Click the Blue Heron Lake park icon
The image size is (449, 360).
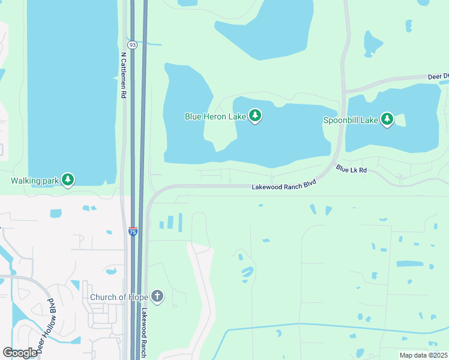pyautogui.click(x=255, y=116)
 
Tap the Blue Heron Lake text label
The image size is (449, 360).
pyautogui.click(x=215, y=116)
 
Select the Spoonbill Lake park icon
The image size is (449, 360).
pyautogui.click(x=387, y=119)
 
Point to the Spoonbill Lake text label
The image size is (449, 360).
pyautogui.click(x=351, y=120)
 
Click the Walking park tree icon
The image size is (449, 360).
pyautogui.click(x=68, y=179)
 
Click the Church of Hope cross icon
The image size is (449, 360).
pyautogui.click(x=157, y=296)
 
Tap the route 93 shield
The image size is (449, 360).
pyautogui.click(x=132, y=45)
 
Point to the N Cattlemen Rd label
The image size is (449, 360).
pyautogui.click(x=123, y=75)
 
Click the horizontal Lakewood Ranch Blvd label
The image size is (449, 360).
pyautogui.click(x=283, y=187)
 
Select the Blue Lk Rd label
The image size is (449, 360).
pyautogui.click(x=351, y=170)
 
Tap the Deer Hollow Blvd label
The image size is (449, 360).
pyautogui.click(x=46, y=324)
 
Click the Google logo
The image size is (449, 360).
pyautogui.click(x=20, y=352)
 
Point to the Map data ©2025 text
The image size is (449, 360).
pyautogui.click(x=423, y=355)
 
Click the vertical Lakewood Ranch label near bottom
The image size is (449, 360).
pyautogui.click(x=144, y=334)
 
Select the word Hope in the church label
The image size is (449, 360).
pyautogui.click(x=136, y=297)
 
